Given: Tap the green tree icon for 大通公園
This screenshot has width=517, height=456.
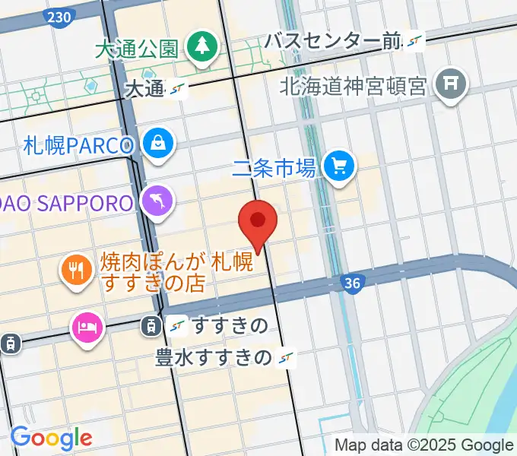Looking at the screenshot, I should click(202, 46).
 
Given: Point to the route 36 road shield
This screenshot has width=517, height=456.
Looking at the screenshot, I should click(350, 283).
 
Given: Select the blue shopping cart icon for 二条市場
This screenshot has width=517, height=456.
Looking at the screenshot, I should click(338, 166).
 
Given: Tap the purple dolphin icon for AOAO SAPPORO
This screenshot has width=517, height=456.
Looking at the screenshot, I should click(159, 201).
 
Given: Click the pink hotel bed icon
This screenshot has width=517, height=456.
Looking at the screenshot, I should click(86, 328).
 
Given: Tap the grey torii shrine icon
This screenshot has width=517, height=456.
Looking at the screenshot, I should click(450, 84).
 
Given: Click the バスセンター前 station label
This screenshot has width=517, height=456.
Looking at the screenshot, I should click(333, 42).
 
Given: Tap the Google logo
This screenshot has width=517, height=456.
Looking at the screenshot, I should click(51, 438).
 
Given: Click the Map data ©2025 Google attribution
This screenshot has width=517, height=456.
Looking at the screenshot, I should click(424, 445).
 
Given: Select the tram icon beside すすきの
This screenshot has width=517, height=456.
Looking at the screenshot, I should click(150, 326).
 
